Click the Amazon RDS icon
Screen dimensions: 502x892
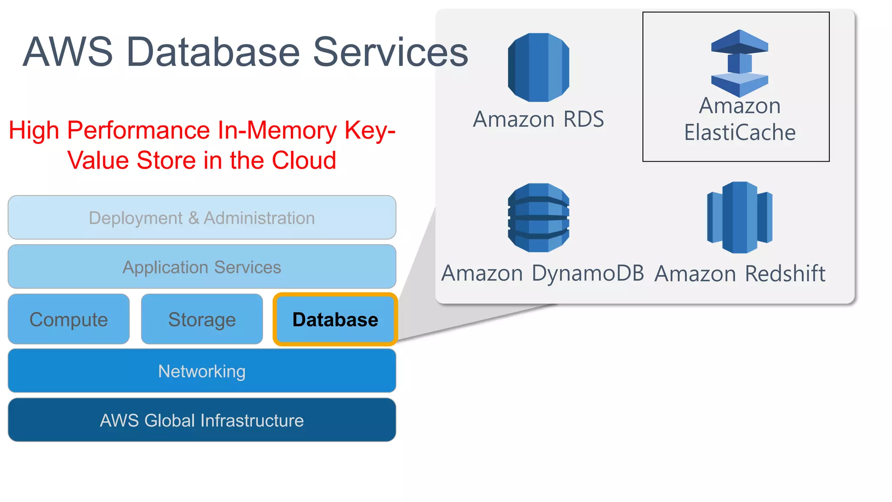[538, 68]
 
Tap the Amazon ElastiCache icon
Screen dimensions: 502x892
[739, 64]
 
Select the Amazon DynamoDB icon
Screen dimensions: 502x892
[538, 217]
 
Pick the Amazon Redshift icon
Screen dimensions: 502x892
[740, 217]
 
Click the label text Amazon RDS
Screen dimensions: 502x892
[538, 119]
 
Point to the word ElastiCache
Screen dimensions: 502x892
[740, 132]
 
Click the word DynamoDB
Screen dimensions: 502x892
[588, 274]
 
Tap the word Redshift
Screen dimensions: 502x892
[785, 274]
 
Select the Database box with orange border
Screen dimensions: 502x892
[335, 319]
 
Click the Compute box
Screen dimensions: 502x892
[69, 319]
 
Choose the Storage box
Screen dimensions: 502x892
[202, 319]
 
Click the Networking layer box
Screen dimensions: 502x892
[202, 371]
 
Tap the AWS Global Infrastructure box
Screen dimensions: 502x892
[202, 421]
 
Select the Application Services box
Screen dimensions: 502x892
[202, 267]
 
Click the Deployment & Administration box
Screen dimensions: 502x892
[202, 218]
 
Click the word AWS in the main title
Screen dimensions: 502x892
[68, 52]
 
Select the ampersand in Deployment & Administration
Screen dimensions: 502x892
[193, 218]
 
